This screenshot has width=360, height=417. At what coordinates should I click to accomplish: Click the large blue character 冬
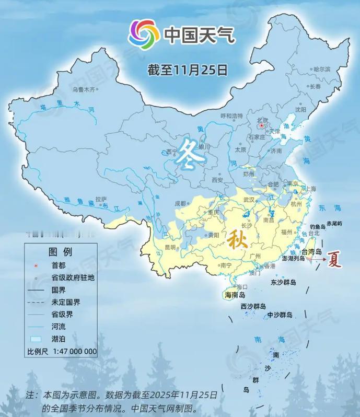[191, 154]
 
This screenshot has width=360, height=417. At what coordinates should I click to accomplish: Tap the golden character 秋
[237, 240]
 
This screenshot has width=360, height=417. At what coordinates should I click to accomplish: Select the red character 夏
[335, 260]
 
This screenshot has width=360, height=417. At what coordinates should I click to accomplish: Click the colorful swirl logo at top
[144, 34]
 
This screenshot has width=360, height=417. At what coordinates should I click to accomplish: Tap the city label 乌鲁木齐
[85, 89]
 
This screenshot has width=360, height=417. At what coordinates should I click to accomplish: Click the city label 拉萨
[101, 199]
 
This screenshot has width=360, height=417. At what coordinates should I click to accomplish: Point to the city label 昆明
[171, 247]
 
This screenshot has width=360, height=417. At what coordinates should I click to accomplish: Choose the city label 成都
[180, 203]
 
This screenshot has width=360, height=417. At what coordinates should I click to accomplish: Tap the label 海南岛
[235, 296]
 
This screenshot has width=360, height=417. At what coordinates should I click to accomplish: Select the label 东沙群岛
[283, 282]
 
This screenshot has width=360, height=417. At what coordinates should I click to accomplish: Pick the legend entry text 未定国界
[66, 302]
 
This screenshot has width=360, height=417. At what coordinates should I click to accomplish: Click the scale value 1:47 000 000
[74, 351]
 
